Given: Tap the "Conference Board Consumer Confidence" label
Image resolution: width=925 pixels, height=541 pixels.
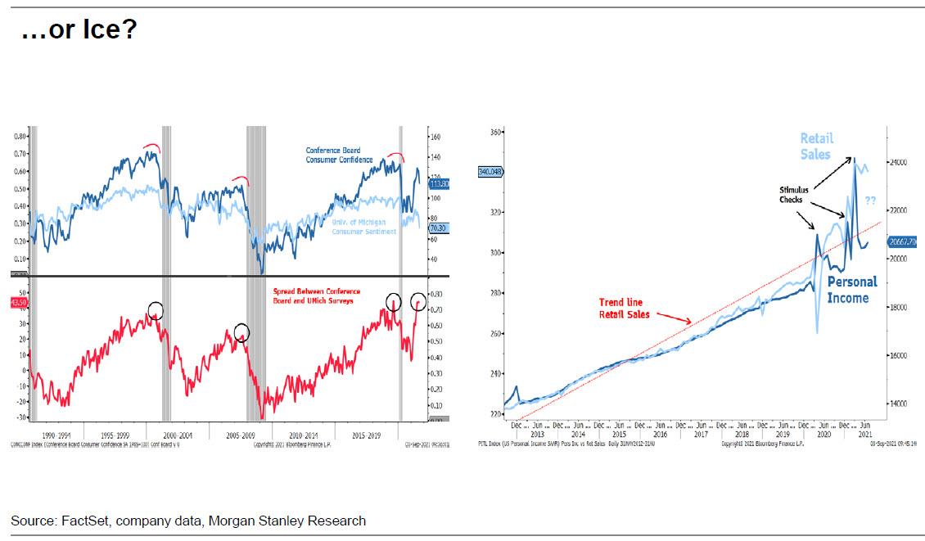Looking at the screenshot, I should coord(339,156).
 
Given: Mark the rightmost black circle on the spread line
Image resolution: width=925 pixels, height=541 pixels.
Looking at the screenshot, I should coord(418,300).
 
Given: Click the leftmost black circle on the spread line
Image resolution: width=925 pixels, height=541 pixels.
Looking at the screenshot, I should coord(156,310).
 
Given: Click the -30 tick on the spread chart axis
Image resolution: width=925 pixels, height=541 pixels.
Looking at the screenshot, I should coord(20,417).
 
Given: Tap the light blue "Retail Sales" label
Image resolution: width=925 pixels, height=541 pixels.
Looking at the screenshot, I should coord(815,147).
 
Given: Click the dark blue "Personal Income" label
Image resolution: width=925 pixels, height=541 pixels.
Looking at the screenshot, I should coord(851,290).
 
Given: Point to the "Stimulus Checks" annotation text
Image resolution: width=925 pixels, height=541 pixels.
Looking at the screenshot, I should coord(793,195).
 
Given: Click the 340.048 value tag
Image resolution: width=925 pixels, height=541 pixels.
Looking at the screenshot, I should coord(494,172).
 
